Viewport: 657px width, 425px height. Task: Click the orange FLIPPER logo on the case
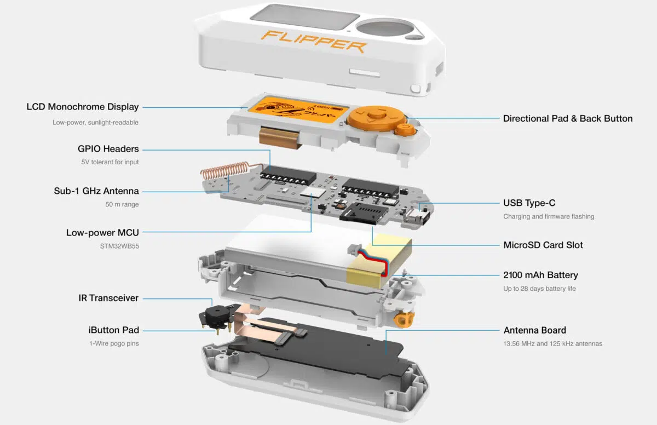coord(314,42)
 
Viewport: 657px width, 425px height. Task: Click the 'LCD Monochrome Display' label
coord(82,107)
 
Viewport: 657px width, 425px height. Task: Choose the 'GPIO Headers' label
coord(108,149)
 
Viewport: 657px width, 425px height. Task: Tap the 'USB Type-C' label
coord(529,203)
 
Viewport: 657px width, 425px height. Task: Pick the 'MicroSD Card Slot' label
coord(543,245)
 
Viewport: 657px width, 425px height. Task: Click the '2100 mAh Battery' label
coord(540,275)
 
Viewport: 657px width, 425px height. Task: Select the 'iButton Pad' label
coord(113,330)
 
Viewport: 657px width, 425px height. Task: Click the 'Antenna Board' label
coord(534,330)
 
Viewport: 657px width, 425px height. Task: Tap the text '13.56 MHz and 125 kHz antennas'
coord(552,343)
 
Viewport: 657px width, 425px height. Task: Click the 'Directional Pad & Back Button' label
coord(567,118)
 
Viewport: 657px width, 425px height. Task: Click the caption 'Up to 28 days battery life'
coord(539,289)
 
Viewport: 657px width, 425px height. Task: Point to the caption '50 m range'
coord(122,204)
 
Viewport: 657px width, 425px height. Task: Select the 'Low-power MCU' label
coord(102,233)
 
